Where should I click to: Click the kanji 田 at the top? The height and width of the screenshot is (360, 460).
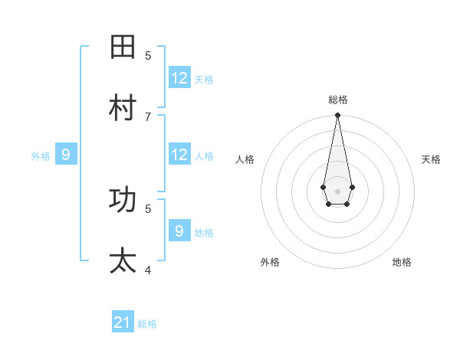tap(123, 47)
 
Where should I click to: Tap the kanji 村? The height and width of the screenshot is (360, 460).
tap(123, 108)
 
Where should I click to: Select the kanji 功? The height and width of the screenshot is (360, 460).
tap(123, 200)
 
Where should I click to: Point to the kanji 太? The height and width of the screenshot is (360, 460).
tap(123, 261)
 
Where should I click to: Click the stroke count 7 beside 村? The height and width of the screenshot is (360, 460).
tap(148, 116)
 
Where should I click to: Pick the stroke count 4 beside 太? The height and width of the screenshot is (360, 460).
tap(148, 270)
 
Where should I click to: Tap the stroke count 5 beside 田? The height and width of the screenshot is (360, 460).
tap(148, 55)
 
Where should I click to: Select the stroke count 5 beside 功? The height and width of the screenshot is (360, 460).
tap(148, 208)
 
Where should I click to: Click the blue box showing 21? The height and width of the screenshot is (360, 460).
tap(123, 322)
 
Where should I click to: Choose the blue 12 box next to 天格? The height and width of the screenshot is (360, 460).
tap(179, 78)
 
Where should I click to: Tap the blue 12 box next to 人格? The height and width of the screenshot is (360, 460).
tap(179, 155)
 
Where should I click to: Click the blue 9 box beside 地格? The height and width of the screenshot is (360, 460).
tap(179, 231)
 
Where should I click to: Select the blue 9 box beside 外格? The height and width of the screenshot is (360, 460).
tap(66, 155)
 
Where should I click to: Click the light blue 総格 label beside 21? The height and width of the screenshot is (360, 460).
tap(147, 324)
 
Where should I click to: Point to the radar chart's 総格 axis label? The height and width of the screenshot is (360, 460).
tap(338, 100)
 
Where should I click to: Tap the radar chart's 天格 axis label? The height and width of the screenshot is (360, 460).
tap(431, 159)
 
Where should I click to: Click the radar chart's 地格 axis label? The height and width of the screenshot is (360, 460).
tap(402, 262)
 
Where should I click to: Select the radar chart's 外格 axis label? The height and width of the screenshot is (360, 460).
tap(270, 262)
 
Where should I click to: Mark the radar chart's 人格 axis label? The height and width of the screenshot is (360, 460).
tap(245, 159)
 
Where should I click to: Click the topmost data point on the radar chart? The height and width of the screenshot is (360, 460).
tap(337, 116)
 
